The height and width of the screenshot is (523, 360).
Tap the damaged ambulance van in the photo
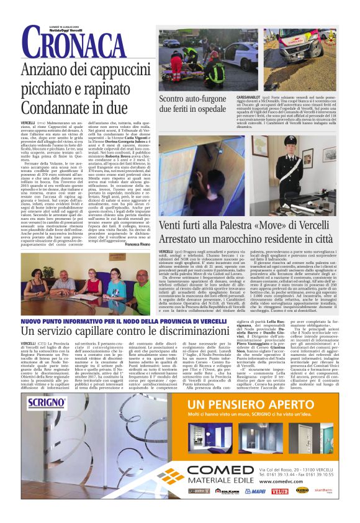pos(295,50)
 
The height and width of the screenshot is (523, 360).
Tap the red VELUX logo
pos(279,491)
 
